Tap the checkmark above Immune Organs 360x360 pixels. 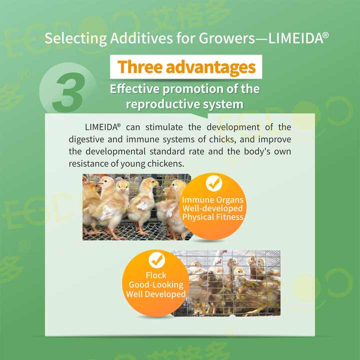213,183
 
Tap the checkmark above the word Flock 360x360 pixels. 156,260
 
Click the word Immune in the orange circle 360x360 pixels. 196,200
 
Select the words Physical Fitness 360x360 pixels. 212,217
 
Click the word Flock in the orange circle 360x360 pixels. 156,275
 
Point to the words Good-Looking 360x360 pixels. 156,284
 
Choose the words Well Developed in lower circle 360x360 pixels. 155,294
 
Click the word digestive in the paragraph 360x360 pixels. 84,139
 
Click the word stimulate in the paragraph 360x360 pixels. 153,127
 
